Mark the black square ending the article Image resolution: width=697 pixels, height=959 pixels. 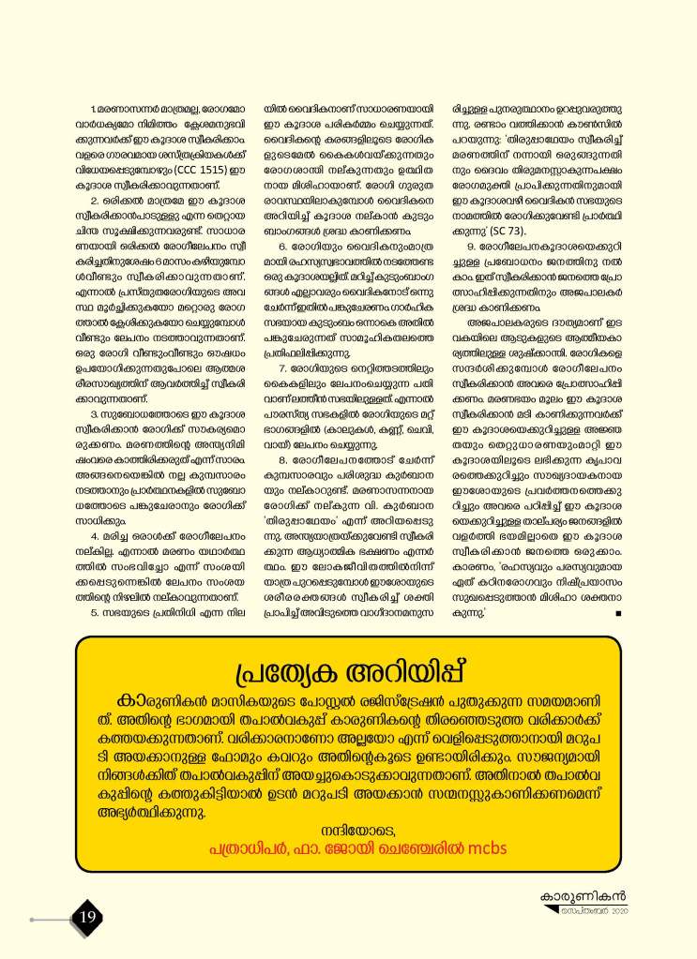tap(618, 613)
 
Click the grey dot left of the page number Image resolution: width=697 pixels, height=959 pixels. tap(33, 920)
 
